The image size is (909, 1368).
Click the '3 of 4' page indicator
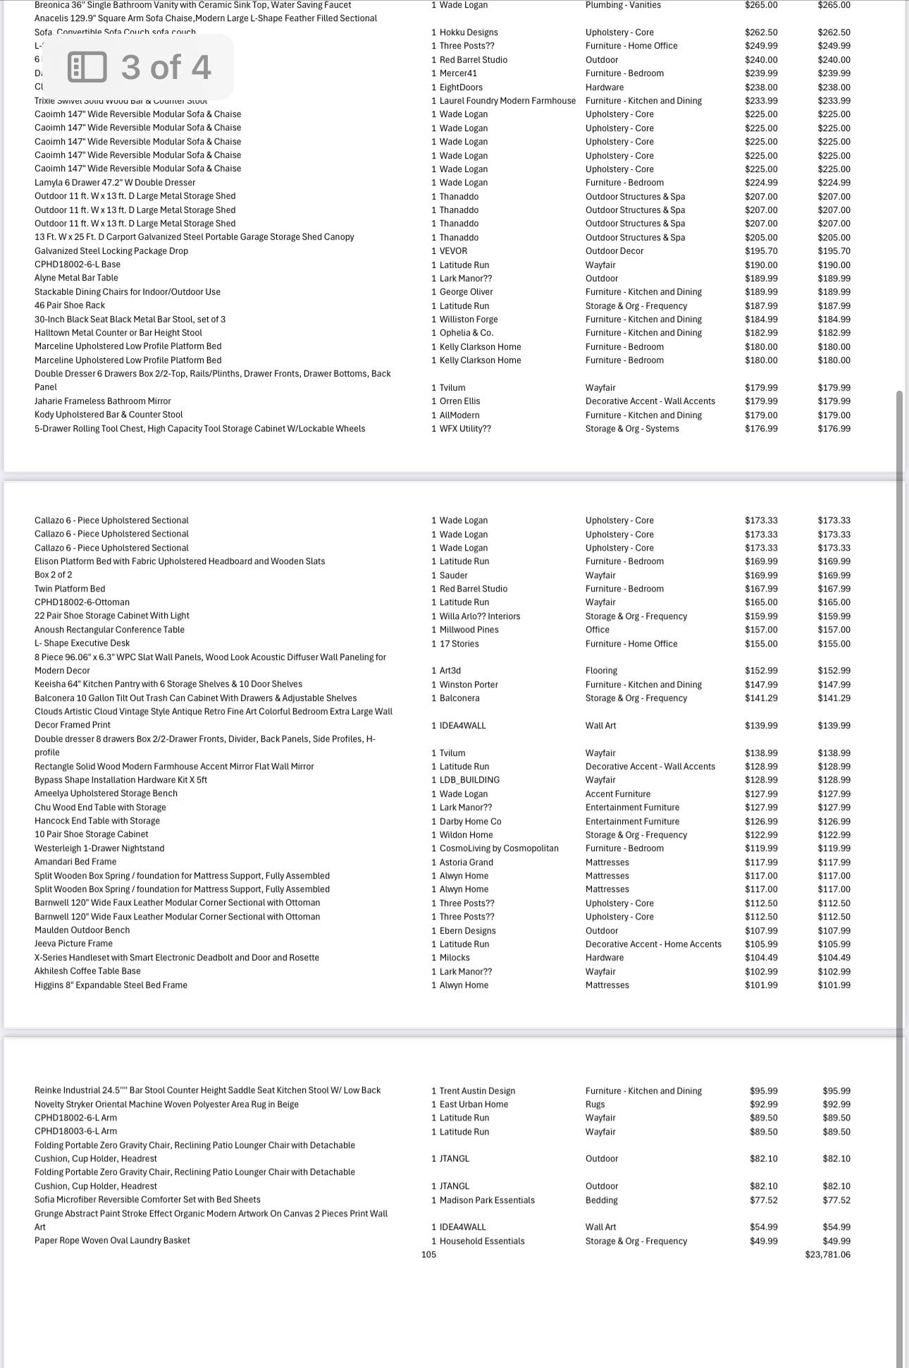point(141,67)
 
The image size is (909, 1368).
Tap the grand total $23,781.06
point(827,1254)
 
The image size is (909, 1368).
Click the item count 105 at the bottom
point(428,1254)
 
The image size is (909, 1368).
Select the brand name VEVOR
point(453,251)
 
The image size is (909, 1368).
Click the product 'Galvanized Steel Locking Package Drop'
point(111,251)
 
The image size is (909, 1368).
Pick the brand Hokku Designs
point(469,32)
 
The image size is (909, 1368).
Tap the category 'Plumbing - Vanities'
point(623,5)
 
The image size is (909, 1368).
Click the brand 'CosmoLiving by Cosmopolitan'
point(499,848)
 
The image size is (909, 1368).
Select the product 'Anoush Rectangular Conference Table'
point(109,630)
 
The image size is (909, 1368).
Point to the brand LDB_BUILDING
point(469,780)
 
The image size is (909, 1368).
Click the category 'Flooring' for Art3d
point(601,671)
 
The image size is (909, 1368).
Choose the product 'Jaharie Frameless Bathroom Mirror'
point(103,401)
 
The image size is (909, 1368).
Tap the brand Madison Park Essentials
point(487,1200)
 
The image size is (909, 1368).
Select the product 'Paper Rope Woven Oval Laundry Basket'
point(112,1240)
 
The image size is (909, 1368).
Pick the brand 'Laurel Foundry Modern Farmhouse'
point(507,101)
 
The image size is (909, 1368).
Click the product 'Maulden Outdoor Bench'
point(82,930)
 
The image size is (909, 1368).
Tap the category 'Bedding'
point(601,1200)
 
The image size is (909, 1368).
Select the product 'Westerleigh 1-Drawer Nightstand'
point(99,848)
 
